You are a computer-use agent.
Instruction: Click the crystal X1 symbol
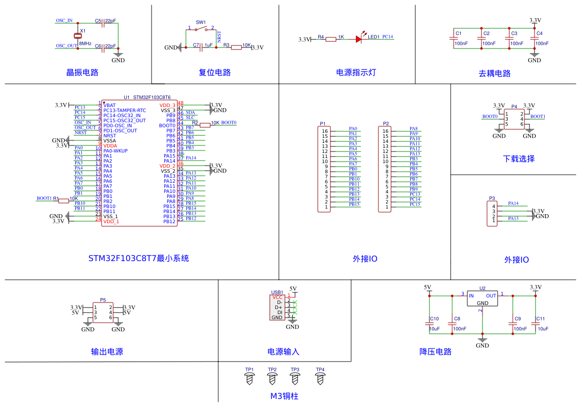[x=77, y=35]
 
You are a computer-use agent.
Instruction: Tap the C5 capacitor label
[x=98, y=21]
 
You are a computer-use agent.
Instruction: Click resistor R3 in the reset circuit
[x=236, y=47]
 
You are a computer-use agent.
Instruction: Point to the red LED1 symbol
[x=359, y=39]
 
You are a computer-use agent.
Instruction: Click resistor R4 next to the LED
[x=331, y=39]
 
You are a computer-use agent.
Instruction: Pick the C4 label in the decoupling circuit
[x=539, y=33]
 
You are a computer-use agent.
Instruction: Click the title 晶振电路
[x=82, y=72]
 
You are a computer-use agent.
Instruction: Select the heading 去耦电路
[x=495, y=73]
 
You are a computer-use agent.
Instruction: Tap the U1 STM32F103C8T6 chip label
[x=147, y=97]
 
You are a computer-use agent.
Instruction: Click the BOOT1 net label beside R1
[x=44, y=198]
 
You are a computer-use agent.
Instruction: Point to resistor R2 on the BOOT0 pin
[x=205, y=125]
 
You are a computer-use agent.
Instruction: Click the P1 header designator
[x=323, y=123]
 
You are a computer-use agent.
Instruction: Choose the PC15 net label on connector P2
[x=415, y=204]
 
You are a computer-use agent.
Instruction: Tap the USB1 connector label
[x=277, y=292]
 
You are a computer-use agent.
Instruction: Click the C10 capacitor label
[x=434, y=319]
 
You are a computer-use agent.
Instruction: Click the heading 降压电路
[x=435, y=352]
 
